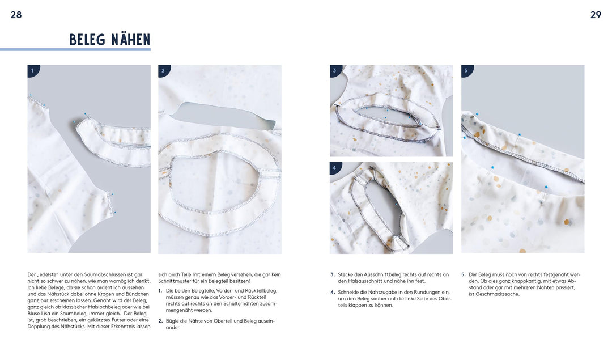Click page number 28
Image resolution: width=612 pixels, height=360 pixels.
point(16,15)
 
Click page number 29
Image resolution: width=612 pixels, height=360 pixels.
point(596,15)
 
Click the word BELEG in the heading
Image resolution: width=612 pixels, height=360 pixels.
point(87,40)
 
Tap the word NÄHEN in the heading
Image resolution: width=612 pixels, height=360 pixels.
point(130,40)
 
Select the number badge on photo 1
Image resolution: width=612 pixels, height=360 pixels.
point(33,70)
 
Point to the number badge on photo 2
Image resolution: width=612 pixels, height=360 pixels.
point(164,70)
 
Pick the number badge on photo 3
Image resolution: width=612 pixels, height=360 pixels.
point(335,70)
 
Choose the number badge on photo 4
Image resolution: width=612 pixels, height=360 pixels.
point(335,168)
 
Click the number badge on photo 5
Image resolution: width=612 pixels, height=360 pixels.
point(466,70)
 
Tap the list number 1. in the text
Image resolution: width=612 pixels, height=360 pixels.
point(160,290)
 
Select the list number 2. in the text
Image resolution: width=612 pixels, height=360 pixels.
point(160,321)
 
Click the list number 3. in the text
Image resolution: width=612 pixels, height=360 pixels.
point(333,274)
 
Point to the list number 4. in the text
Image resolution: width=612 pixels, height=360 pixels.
point(333,292)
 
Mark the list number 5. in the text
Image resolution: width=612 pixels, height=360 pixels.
point(464,274)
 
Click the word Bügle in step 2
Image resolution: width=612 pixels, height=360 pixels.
point(172,321)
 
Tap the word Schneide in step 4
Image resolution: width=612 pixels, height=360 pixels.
point(348,292)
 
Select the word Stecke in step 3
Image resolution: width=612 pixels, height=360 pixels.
point(346,274)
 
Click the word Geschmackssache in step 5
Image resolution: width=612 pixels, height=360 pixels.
point(498,294)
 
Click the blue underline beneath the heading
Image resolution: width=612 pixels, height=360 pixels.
point(75,49)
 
